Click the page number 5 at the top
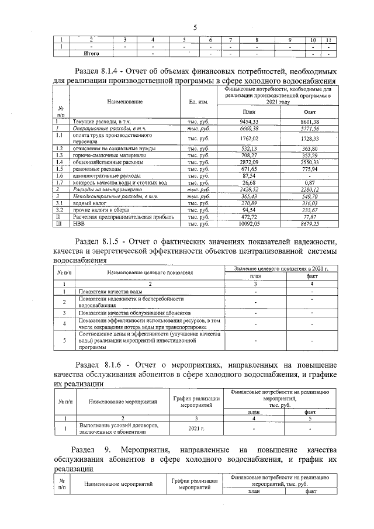tap(195, 26)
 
